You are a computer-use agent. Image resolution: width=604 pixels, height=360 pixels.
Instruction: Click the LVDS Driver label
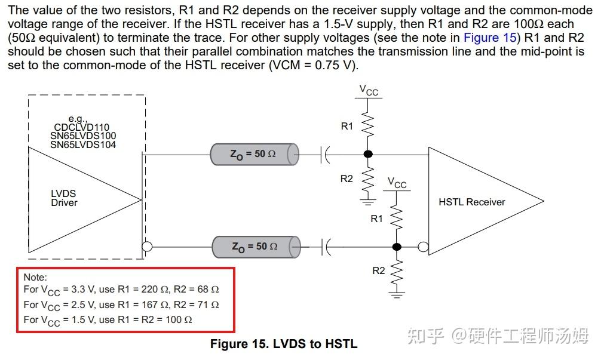pyautogui.click(x=64, y=198)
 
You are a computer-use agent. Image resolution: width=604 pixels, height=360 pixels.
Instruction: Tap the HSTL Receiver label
pyautogui.click(x=472, y=202)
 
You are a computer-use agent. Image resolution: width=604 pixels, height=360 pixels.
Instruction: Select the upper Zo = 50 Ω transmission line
pyautogui.click(x=255, y=155)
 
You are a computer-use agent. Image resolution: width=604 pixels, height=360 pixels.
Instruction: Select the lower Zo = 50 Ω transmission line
pyautogui.click(x=256, y=247)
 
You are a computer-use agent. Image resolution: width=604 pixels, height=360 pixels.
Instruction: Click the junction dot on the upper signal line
pyautogui.click(x=368, y=154)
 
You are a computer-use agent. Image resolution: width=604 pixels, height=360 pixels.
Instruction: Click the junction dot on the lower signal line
pyautogui.click(x=396, y=247)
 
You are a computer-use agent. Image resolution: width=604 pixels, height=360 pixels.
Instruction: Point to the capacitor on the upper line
pyautogui.click(x=324, y=155)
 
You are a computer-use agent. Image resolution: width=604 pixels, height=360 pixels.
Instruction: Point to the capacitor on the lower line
pyautogui.click(x=326, y=247)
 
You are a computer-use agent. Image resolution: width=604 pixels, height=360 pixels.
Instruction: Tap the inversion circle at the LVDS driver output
pyautogui.click(x=147, y=247)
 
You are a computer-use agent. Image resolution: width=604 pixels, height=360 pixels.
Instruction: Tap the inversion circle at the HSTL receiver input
pyautogui.click(x=424, y=247)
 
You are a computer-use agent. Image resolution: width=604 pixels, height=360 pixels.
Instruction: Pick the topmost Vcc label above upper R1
pyautogui.click(x=369, y=91)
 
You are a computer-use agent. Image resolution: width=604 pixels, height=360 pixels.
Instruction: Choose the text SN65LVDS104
pyautogui.click(x=83, y=144)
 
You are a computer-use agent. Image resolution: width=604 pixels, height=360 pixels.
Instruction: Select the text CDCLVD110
pyautogui.click(x=82, y=127)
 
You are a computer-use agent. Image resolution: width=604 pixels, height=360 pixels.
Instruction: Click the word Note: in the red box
pyautogui.click(x=35, y=277)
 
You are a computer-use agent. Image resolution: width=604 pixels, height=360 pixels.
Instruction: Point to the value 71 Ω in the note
pyautogui.click(x=208, y=304)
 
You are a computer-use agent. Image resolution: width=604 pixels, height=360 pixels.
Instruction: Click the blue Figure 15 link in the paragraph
pyautogui.click(x=490, y=38)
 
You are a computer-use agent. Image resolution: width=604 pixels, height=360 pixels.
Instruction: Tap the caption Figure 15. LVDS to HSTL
pyautogui.click(x=284, y=343)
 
